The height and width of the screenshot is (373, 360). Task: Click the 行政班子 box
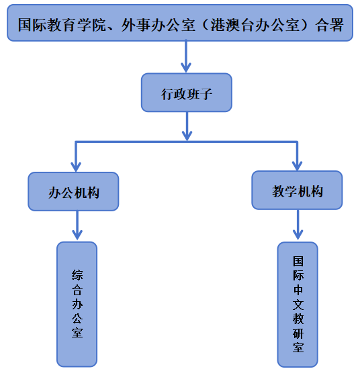click(187, 93)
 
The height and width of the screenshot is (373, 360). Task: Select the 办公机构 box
click(73, 191)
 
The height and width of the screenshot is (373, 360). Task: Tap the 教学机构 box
click(297, 191)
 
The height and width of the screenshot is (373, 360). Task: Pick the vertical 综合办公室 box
click(77, 305)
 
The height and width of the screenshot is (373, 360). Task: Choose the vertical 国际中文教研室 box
click(298, 305)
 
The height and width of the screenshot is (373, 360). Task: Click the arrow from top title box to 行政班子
click(186, 56)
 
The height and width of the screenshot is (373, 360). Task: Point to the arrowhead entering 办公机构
click(76, 167)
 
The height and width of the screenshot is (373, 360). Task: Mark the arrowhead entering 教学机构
click(297, 166)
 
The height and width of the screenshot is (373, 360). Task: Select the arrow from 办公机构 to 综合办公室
click(77, 225)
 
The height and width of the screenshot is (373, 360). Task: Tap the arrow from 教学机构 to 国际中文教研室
click(298, 225)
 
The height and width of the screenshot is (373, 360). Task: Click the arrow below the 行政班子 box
click(187, 126)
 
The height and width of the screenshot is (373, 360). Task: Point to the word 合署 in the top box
click(330, 25)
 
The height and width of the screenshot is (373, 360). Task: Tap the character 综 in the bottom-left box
click(77, 275)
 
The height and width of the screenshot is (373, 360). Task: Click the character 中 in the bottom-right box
click(298, 290)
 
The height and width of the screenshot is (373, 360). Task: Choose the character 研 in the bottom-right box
click(298, 333)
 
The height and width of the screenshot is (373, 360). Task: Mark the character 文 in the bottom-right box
click(298, 305)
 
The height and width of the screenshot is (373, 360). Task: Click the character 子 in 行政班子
click(206, 94)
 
